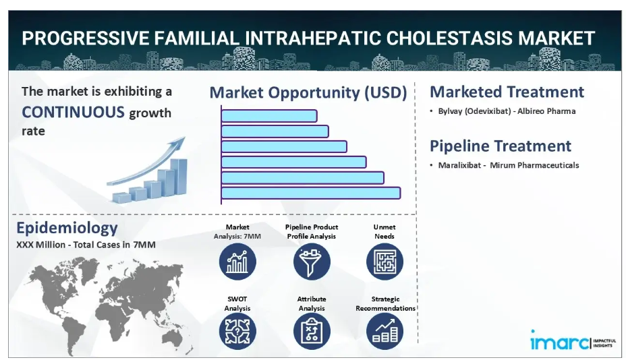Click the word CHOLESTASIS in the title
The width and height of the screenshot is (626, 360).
(x=449, y=38)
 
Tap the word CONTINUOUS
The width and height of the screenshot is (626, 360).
(x=73, y=112)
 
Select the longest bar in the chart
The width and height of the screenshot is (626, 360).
(x=310, y=193)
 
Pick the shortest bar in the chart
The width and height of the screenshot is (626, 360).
(x=269, y=116)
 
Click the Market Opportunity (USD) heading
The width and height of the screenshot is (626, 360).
(x=308, y=92)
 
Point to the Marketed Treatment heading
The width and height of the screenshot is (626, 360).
(x=507, y=92)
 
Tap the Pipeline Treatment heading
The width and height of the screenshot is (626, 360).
(x=501, y=146)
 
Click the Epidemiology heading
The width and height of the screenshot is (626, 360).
(x=67, y=228)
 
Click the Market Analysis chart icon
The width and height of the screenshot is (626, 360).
(x=237, y=262)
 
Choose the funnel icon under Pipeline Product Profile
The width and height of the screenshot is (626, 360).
(x=312, y=262)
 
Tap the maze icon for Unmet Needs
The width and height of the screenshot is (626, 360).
(x=385, y=262)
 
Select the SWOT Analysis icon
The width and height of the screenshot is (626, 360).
(x=237, y=332)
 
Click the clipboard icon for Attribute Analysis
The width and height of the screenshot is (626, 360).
(x=312, y=332)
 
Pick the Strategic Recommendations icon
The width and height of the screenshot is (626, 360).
(x=385, y=332)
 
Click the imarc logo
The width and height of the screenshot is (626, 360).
(x=573, y=341)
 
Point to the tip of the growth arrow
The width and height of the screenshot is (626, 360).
(x=185, y=138)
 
